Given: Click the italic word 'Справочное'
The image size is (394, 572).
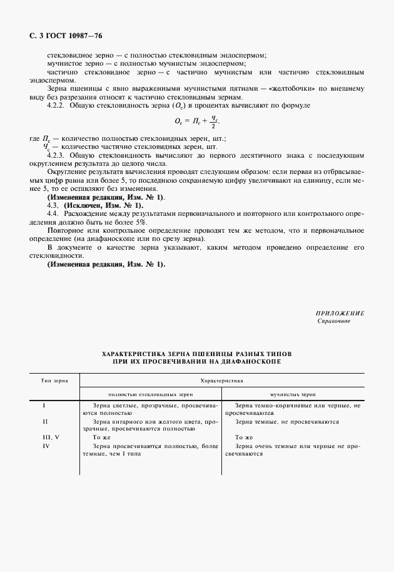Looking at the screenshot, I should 334,321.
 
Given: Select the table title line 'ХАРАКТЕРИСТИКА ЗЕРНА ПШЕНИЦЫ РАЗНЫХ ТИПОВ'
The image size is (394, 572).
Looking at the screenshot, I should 196,354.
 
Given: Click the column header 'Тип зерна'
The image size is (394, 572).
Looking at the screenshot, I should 55,380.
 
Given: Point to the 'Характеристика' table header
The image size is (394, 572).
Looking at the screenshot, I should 221,380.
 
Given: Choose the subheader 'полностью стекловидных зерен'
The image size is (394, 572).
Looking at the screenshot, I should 151,395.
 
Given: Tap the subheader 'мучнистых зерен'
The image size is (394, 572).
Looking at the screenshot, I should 293,395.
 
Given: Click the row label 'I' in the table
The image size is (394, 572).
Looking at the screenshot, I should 44,406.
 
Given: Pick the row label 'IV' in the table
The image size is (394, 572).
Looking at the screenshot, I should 46,446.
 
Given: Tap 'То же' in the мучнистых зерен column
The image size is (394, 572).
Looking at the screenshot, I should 243,437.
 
